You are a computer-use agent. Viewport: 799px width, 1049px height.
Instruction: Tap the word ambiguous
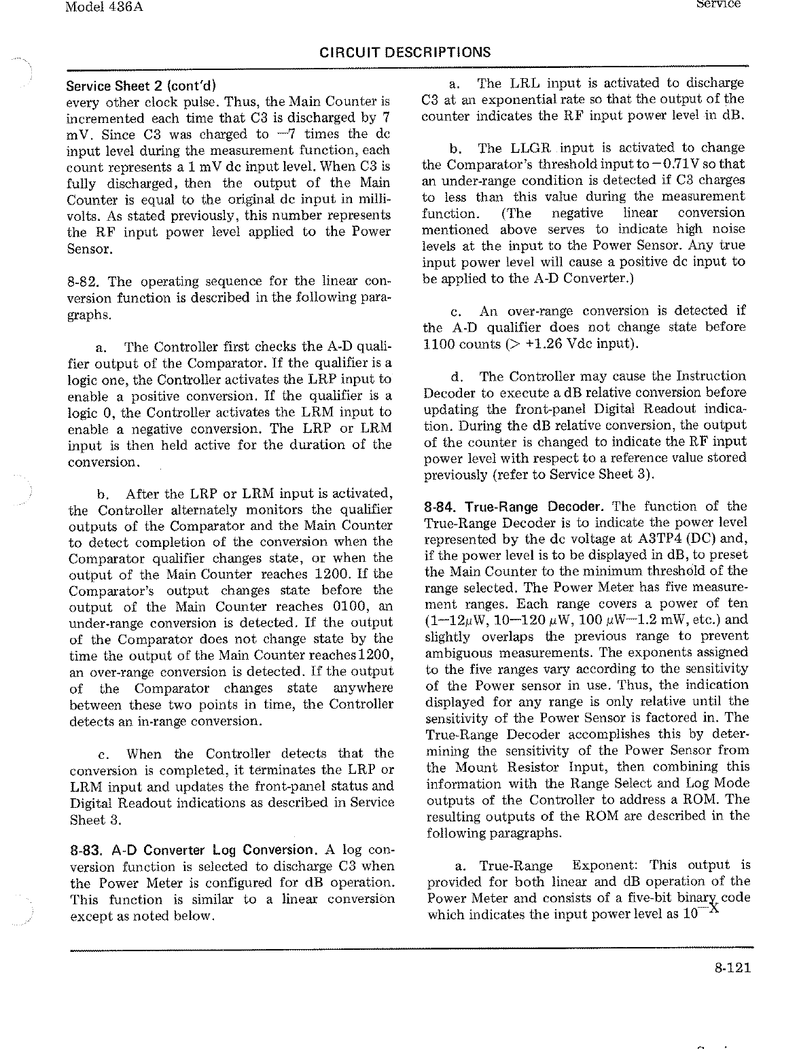coord(460,652)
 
